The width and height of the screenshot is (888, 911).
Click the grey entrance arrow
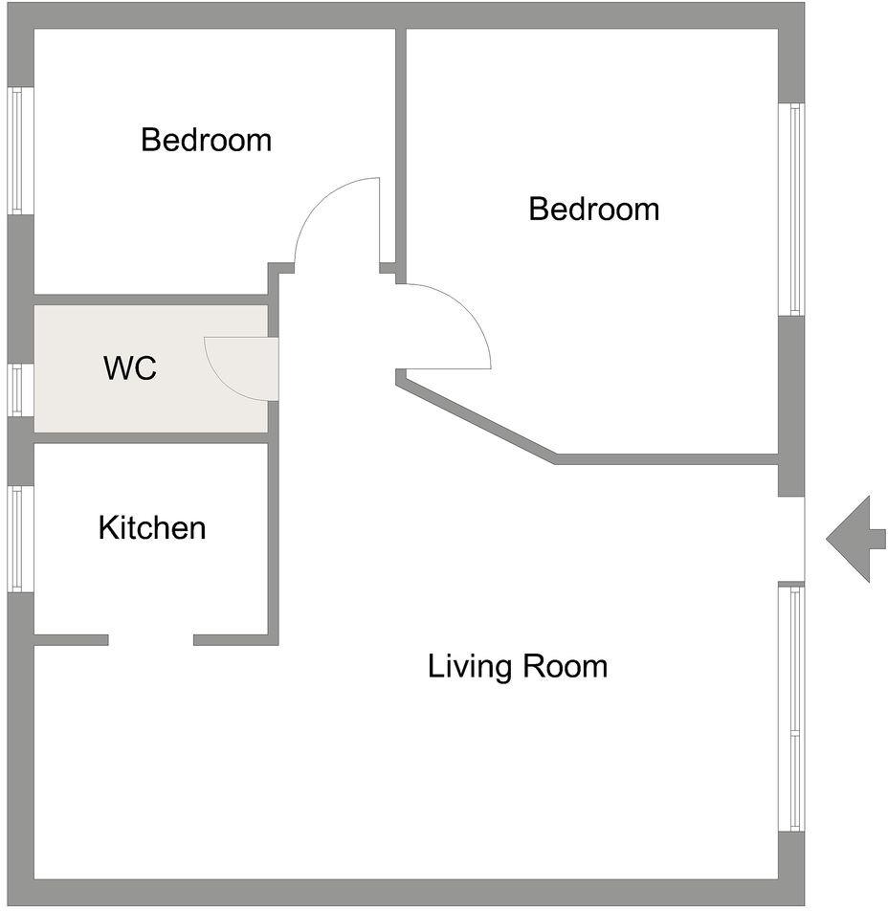(855, 539)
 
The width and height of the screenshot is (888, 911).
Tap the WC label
(130, 367)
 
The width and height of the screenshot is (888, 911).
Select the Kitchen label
(152, 527)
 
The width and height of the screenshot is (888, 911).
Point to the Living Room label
(518, 666)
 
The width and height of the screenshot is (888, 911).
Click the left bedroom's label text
(207, 140)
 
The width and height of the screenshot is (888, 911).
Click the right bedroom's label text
(594, 210)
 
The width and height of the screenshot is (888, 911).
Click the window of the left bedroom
(20, 151)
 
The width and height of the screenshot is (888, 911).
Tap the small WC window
(20, 389)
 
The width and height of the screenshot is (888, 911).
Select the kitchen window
(20, 539)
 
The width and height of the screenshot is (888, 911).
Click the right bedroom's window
(791, 210)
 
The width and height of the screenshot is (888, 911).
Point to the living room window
(791, 708)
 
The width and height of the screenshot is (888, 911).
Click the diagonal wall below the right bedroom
(477, 417)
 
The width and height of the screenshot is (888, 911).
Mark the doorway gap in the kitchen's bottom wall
(151, 639)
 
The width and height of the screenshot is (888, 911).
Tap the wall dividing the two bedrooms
(401, 156)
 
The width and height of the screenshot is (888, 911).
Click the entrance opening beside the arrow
(791, 539)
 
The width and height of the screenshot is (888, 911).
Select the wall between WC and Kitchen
(151, 438)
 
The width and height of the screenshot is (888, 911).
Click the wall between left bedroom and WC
(151, 300)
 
